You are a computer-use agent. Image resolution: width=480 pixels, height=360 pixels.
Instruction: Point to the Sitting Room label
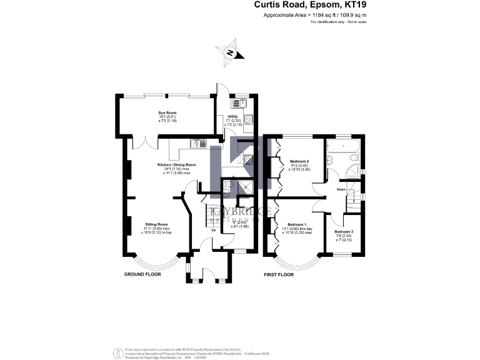157,224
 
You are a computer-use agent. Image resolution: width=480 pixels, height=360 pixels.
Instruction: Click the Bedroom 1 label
296,224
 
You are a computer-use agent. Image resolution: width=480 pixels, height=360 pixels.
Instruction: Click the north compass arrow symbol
229,54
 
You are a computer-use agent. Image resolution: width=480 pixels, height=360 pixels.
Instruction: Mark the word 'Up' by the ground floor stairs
213,230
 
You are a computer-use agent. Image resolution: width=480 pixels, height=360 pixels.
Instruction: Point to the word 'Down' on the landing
341,189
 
